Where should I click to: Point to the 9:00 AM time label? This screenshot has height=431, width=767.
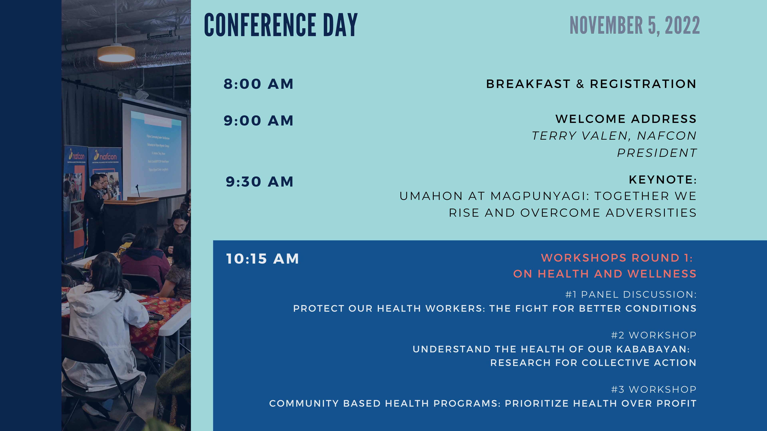[x=258, y=121]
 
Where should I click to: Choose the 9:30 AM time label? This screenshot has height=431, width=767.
[x=260, y=182]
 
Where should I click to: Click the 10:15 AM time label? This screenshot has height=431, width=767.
[x=262, y=259]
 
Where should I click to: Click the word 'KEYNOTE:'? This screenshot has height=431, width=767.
[x=663, y=180]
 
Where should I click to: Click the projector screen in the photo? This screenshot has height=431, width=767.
[x=155, y=150]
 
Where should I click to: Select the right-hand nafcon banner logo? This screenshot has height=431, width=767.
[x=105, y=156]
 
